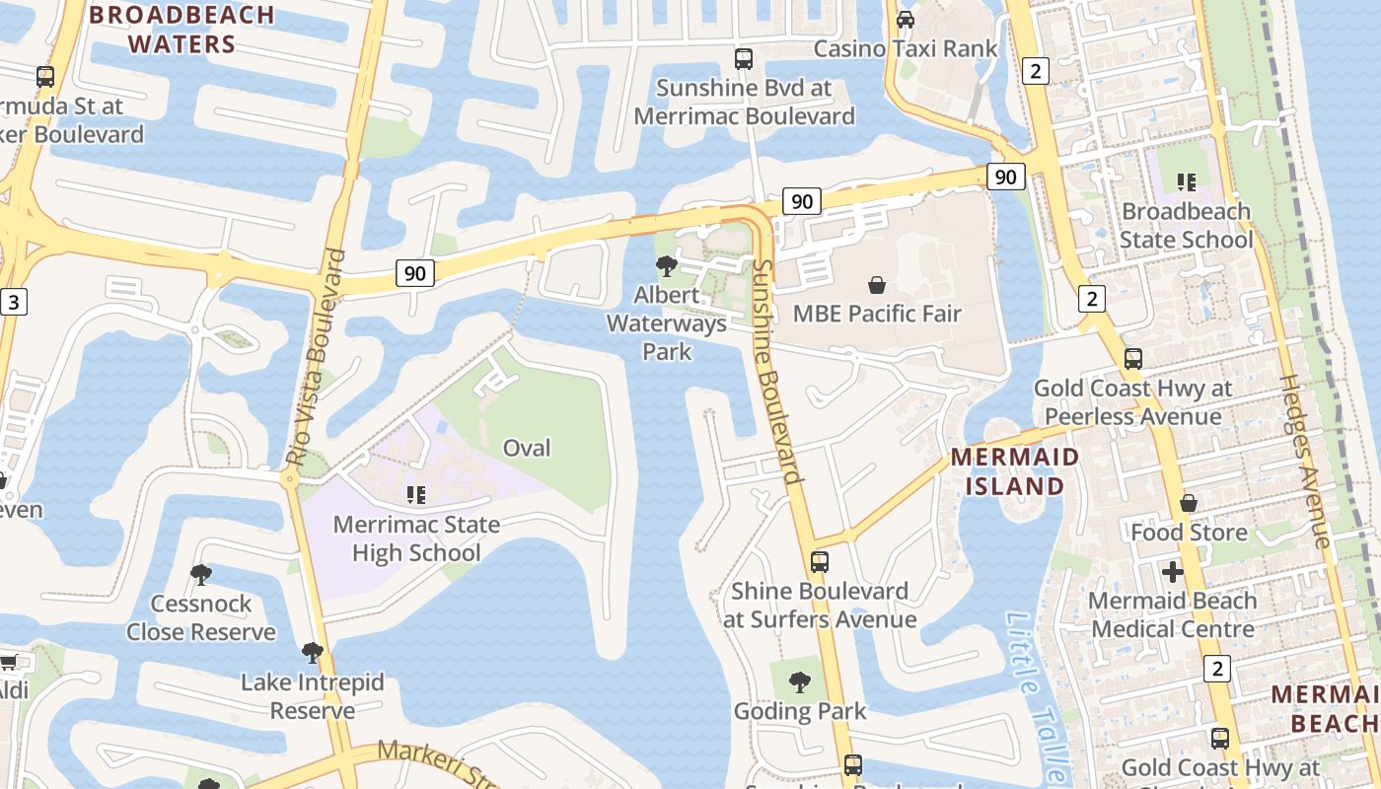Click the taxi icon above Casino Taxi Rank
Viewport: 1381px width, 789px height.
(905, 19)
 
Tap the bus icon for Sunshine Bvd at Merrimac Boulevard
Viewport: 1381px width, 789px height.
(744, 59)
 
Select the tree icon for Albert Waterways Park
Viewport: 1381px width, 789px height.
(666, 265)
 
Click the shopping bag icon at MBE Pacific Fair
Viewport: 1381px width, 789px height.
(877, 286)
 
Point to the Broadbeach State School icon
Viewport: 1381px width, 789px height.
(1186, 181)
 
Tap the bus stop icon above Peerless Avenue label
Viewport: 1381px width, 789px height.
(1133, 359)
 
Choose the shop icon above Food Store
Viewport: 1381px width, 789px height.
(1189, 503)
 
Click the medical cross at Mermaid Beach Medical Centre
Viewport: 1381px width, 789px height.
(1172, 572)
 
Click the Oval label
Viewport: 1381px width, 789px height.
(527, 448)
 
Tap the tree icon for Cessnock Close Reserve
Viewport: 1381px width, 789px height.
(200, 574)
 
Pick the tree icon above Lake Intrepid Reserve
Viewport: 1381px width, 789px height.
(313, 653)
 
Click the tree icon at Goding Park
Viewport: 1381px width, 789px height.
(799, 681)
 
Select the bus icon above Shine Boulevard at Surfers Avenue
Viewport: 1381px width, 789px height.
(819, 562)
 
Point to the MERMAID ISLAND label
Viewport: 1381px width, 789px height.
(1015, 471)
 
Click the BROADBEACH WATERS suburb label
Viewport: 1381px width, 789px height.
(182, 29)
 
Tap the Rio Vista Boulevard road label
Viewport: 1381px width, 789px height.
(318, 357)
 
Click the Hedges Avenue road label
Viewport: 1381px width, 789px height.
(1306, 460)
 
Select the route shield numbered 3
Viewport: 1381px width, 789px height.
(13, 302)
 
